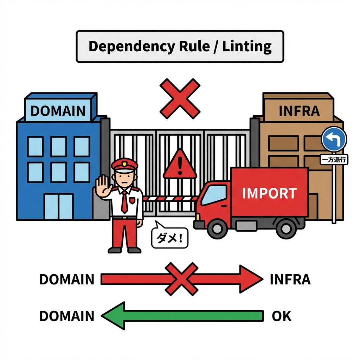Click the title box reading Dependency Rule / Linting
click(x=180, y=46)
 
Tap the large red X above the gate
click(x=180, y=98)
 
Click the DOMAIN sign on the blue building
click(x=58, y=111)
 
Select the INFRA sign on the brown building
click(x=299, y=111)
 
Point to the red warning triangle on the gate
click(x=180, y=165)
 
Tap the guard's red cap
click(x=124, y=165)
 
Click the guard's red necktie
click(x=124, y=203)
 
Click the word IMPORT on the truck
click(x=270, y=193)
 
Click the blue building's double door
click(x=58, y=207)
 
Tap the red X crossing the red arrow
click(x=181, y=279)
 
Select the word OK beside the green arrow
click(x=282, y=316)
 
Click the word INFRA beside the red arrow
click(x=290, y=279)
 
